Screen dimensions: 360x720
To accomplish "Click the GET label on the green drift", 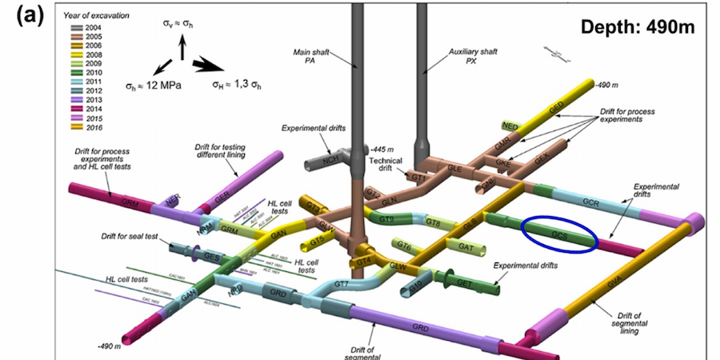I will pos(464,282).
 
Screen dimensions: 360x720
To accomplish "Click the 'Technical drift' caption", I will pos(385,166).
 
